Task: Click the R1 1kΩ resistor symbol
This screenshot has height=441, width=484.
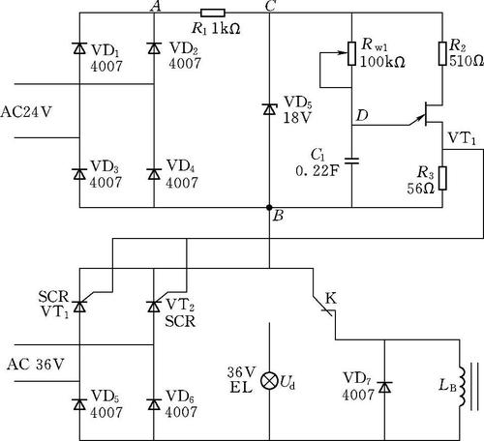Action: [213, 13]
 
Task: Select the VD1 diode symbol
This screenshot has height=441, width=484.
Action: [79, 47]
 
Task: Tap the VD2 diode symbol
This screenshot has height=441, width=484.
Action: [154, 47]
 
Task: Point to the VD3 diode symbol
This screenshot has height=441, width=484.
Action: [79, 173]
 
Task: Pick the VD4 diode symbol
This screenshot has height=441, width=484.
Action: [154, 173]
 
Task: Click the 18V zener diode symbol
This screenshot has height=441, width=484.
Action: [269, 109]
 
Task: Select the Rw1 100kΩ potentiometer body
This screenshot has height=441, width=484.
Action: [351, 53]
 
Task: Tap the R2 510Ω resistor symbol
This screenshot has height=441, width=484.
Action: [442, 53]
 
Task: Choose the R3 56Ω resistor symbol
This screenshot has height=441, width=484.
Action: [442, 178]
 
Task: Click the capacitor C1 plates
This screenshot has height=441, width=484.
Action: [351, 161]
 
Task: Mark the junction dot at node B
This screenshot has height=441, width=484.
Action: [269, 207]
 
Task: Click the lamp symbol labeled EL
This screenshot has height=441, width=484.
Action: [269, 381]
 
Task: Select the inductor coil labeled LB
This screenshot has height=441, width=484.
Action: [461, 387]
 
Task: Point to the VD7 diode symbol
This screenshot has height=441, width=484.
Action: [384, 387]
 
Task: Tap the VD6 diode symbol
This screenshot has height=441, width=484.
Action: [154, 403]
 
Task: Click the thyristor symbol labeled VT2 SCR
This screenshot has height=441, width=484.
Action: [154, 306]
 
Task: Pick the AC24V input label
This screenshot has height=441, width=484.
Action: [26, 112]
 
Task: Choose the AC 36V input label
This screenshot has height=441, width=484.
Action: [35, 365]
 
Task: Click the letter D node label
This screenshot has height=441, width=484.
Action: [362, 115]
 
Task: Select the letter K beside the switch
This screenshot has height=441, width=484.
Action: [331, 299]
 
